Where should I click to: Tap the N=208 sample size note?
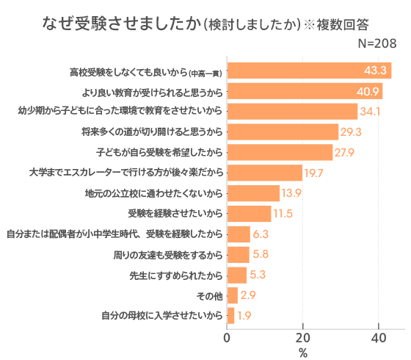coord(377,44)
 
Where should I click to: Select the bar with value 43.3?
coord(309,71)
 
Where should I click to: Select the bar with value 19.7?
coord(264,173)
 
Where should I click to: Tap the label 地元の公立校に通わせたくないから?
coord(154,194)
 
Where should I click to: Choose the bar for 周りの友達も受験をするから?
coord(238,255)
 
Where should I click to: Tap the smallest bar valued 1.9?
coord(230,316)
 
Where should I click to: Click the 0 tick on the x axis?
coord(228,338)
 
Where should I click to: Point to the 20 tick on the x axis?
coord(303,338)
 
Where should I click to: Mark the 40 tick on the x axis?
coord(379,338)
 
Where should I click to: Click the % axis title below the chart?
coord(303,353)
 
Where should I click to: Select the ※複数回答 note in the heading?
coord(350,24)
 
